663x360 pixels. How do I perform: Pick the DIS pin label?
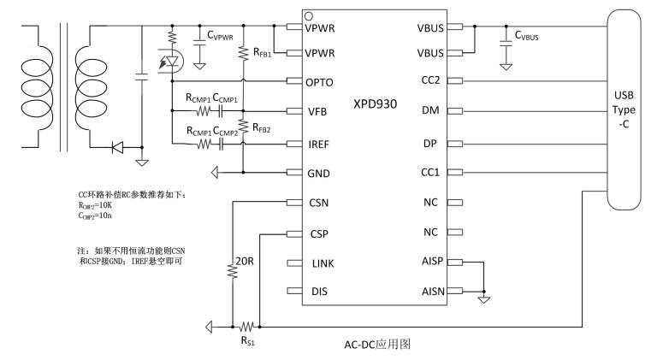[x=316, y=292]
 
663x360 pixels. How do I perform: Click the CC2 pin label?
[x=429, y=82]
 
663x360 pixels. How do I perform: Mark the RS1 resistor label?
[x=249, y=340]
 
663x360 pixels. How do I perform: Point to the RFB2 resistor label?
[x=261, y=128]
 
